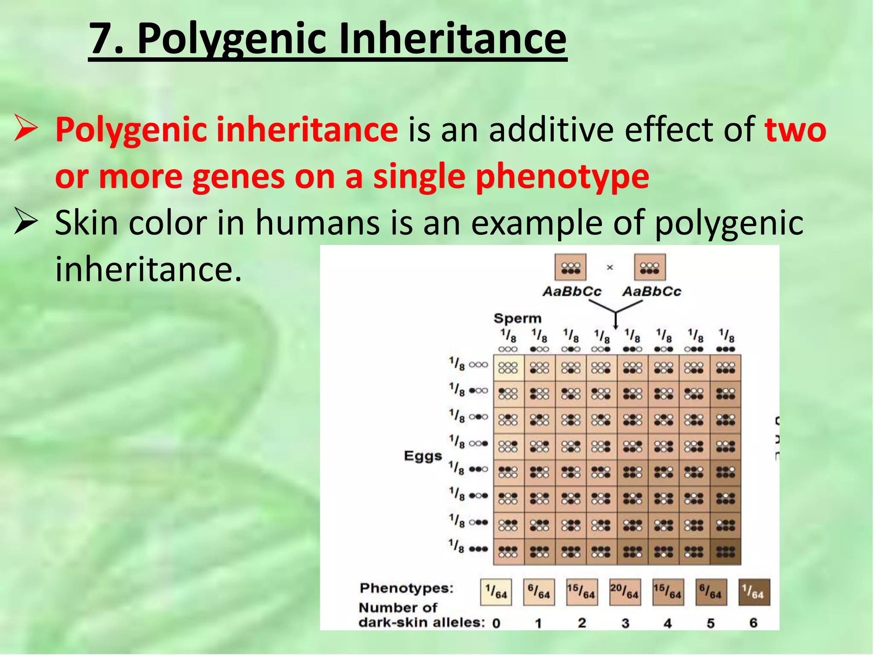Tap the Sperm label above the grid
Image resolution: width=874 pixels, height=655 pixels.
pos(517,318)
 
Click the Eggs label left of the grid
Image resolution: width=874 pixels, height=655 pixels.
pos(423,456)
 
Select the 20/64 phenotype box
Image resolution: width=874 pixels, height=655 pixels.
pos(625,592)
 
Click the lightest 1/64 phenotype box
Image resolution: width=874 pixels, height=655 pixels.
pos(496,592)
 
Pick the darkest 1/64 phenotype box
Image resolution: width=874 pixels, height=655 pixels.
pos(754,592)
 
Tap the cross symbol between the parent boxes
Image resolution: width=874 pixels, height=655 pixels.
pos(610,267)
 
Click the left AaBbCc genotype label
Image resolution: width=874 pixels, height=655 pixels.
pos(572,292)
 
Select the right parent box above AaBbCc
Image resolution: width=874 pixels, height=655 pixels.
pos(650,267)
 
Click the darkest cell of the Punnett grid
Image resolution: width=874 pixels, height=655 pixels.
pos(725,552)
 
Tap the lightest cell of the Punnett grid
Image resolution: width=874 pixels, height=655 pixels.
pos(508,368)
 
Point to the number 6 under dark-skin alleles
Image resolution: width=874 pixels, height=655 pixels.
pos(753,623)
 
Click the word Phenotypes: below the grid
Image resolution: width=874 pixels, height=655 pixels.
pos(406,588)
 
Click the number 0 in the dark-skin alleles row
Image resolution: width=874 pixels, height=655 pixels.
pos(496,623)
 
